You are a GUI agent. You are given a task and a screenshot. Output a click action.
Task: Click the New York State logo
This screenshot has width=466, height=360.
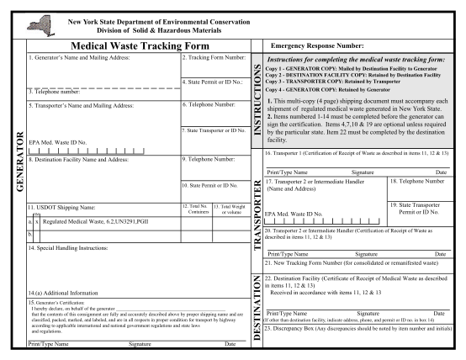(x=37, y=17)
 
